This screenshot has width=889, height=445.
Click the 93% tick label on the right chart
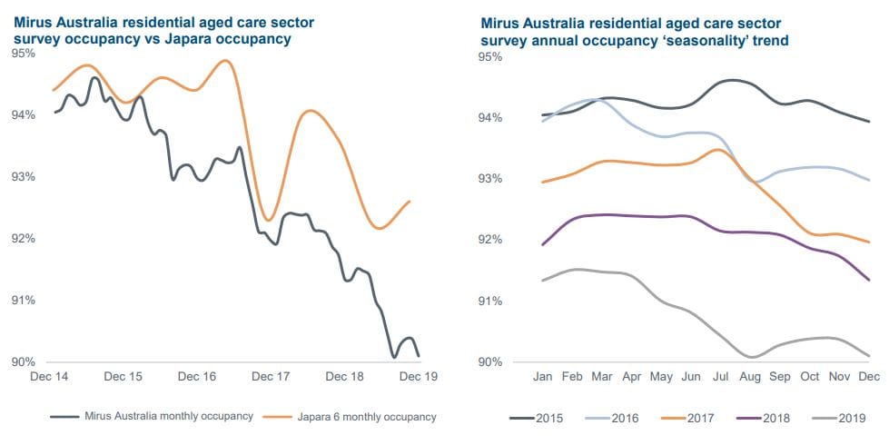click(490, 179)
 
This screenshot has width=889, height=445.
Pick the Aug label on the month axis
click(751, 376)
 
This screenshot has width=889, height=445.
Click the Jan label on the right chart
click(543, 376)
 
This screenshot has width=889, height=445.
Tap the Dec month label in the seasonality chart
click(869, 376)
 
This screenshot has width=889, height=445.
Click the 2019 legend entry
click(842, 418)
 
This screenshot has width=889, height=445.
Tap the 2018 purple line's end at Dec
click(869, 281)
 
